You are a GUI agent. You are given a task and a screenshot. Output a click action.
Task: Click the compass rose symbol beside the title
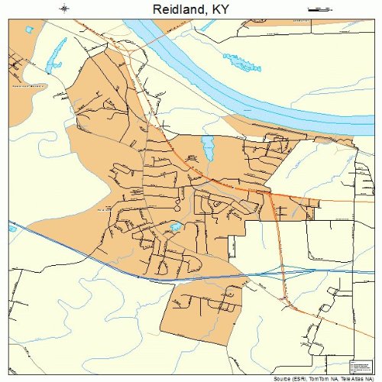[65, 9]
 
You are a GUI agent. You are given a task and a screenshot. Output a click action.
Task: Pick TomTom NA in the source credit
[322, 377]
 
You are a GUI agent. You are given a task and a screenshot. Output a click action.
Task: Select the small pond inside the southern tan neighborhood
[176, 227]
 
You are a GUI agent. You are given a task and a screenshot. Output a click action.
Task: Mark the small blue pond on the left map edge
[12, 228]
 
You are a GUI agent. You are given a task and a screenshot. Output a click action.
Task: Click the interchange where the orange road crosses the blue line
[283, 272]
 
